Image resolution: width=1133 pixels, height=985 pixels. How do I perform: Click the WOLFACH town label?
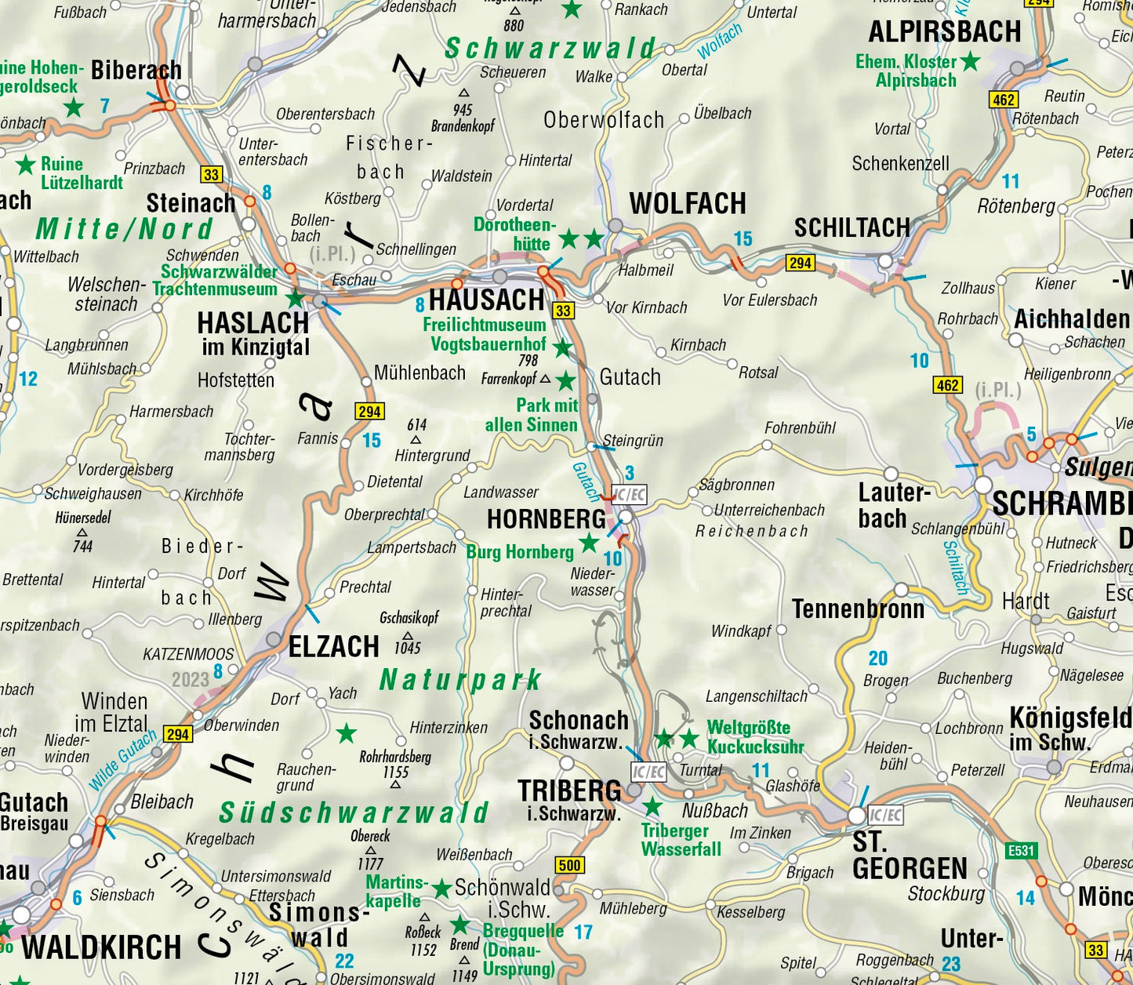tap(687, 204)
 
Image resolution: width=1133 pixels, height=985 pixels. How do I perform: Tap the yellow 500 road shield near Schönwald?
tap(570, 865)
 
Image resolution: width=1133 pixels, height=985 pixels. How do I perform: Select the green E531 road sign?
tap(1021, 850)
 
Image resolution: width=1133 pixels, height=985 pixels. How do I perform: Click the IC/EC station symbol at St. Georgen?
tap(885, 816)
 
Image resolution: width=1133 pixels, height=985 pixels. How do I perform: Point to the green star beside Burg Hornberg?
tap(589, 543)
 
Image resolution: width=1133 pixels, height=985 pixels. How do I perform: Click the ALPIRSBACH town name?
tap(944, 32)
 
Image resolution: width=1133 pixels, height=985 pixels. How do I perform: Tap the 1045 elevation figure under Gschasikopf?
tap(408, 648)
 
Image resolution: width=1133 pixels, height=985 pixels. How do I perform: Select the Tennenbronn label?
tap(858, 609)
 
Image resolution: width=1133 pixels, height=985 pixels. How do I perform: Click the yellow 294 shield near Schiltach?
tap(800, 263)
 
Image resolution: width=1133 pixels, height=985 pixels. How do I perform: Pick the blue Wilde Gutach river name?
tap(122, 760)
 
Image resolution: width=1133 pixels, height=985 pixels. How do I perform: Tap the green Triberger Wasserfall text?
tap(681, 840)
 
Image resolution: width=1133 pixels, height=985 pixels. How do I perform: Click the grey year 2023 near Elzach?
tap(190, 679)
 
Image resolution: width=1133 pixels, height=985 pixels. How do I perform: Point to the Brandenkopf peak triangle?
tap(463, 93)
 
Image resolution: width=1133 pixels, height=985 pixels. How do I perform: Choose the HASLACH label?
tap(252, 323)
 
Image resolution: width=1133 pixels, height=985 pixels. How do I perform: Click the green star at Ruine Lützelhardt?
tap(26, 165)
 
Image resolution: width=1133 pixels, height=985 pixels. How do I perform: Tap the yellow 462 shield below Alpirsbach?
tap(1004, 100)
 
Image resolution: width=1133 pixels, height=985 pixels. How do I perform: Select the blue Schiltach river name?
tap(957, 567)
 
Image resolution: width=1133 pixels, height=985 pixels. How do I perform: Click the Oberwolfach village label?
tap(604, 120)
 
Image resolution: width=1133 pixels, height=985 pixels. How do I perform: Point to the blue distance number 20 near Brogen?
tap(878, 658)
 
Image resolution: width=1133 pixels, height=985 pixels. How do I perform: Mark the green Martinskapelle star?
tap(441, 889)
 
